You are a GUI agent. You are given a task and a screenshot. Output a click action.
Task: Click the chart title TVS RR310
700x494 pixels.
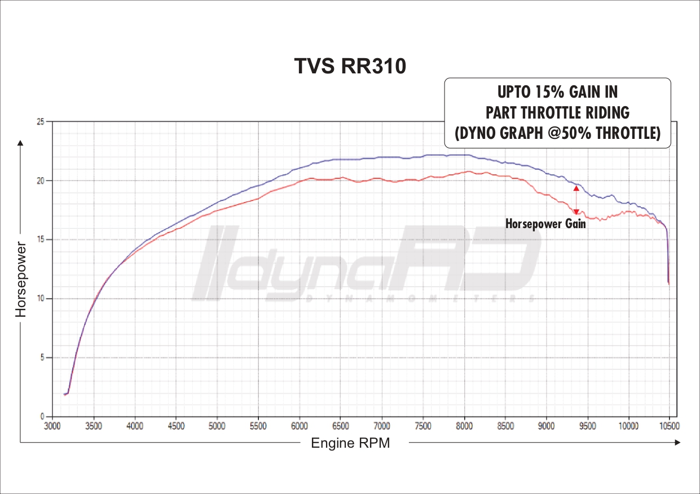point(350,66)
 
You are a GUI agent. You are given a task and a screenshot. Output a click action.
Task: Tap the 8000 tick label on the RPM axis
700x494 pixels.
point(464,426)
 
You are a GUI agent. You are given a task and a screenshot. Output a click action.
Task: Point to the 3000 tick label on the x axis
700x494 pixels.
point(52,426)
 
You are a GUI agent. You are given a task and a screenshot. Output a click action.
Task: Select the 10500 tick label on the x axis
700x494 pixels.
point(669,426)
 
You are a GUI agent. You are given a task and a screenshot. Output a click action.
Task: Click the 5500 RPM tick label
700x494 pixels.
point(258,426)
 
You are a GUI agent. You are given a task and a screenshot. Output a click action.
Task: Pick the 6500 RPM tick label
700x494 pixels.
point(341,426)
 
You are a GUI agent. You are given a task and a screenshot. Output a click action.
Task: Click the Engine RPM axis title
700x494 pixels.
point(350,443)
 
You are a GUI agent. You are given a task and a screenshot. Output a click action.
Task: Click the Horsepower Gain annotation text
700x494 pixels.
point(545,224)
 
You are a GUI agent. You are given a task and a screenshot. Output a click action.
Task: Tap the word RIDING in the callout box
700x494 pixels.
point(606,113)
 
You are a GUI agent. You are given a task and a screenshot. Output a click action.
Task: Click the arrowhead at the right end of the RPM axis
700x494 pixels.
point(677,443)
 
